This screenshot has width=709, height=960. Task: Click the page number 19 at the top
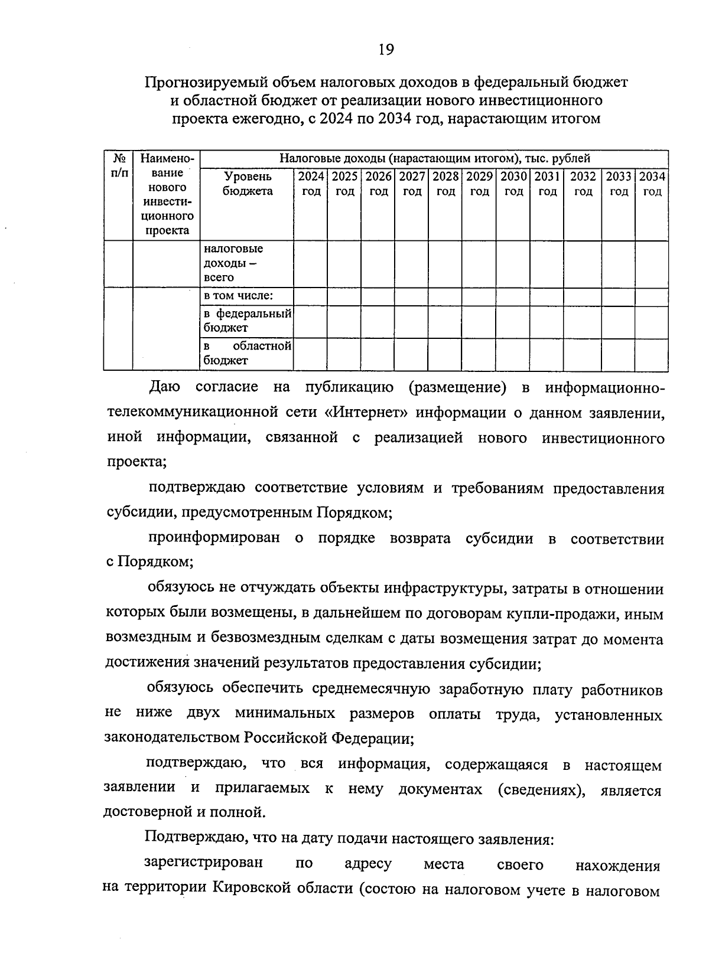(385, 50)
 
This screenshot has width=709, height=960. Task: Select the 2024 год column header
(311, 184)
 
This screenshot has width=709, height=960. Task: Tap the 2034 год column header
(652, 184)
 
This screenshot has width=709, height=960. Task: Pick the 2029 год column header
(479, 184)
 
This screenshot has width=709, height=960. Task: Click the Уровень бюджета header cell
(248, 184)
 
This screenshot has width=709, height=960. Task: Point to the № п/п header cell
(119, 166)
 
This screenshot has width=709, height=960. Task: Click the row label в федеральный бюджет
(247, 321)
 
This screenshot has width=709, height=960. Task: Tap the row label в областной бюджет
(247, 353)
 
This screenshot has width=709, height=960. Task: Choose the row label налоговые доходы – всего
(233, 263)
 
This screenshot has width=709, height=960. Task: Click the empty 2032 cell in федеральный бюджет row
(582, 321)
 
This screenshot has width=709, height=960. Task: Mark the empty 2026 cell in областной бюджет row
(378, 354)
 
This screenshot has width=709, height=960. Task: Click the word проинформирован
(213, 538)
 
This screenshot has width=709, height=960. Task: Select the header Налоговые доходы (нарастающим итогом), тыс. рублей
(434, 159)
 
